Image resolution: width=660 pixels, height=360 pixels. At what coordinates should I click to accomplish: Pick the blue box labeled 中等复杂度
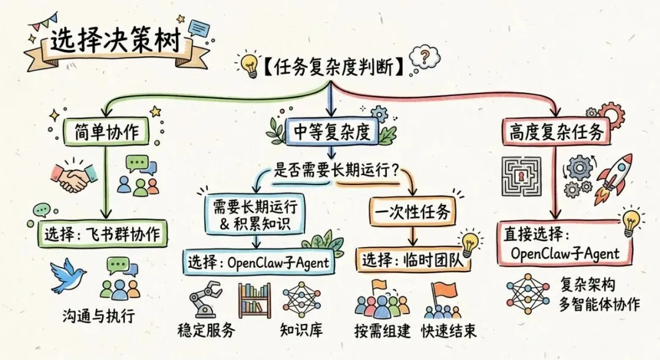[x=330, y=131]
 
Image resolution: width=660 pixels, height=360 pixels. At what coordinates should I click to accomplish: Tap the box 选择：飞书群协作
[x=106, y=233]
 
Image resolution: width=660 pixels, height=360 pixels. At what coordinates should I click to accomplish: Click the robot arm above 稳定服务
[x=204, y=299]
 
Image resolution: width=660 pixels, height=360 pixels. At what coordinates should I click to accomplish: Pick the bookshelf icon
[x=254, y=299]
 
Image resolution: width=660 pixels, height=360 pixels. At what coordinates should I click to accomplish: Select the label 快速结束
[x=449, y=332]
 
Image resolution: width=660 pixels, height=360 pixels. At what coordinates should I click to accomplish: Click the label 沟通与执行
[x=98, y=316]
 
